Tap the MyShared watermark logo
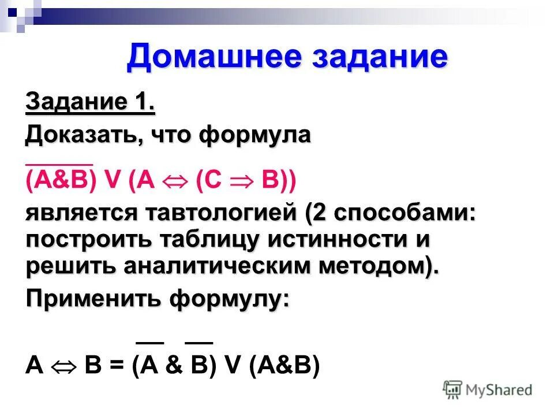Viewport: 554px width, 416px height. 488,389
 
